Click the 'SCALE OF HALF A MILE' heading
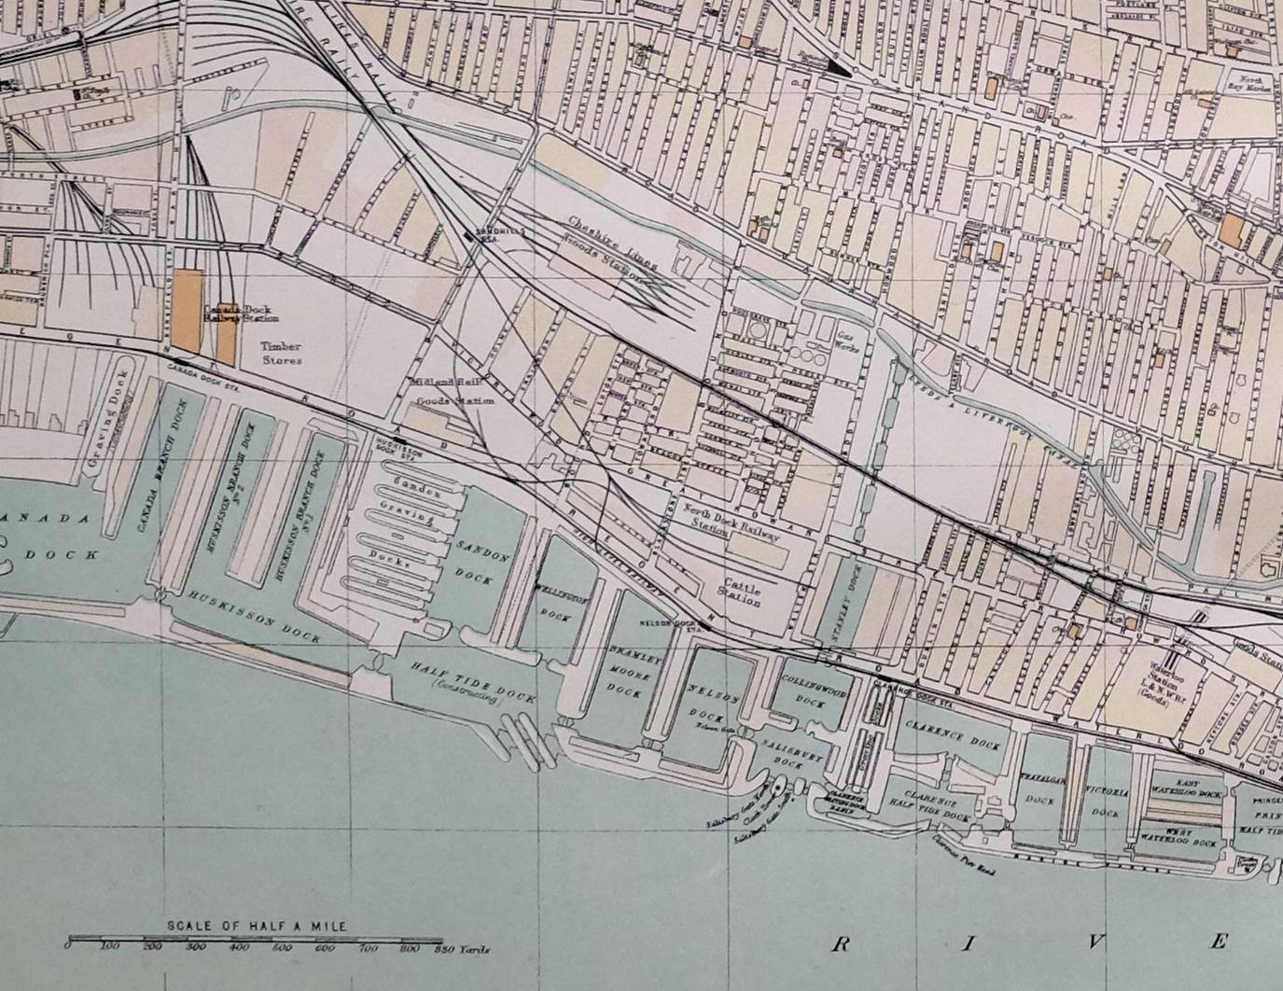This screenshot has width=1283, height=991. [256, 926]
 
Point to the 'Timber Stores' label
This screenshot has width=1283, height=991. [281, 353]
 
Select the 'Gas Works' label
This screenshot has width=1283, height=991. [849, 340]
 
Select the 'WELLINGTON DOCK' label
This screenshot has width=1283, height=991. [558, 602]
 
